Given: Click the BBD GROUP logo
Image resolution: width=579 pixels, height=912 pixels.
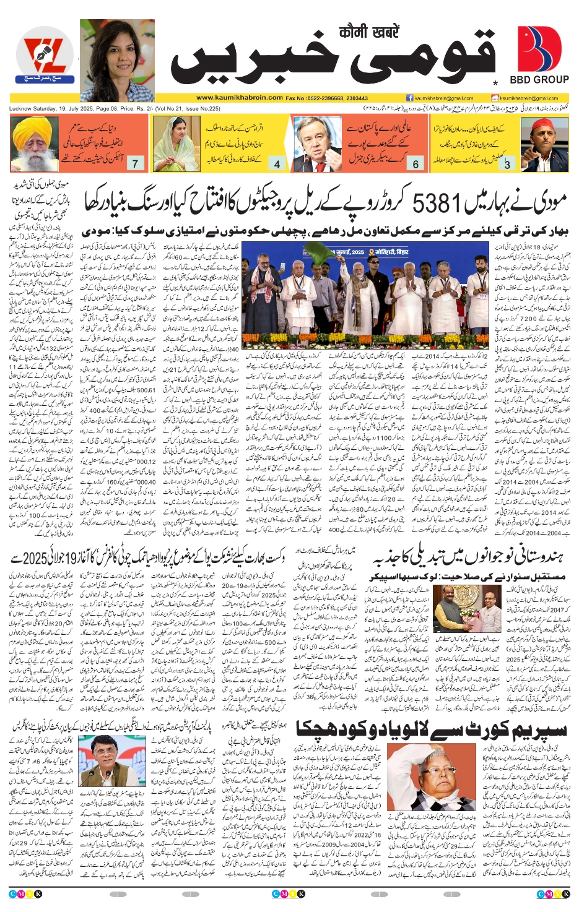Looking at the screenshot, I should [x=539, y=55].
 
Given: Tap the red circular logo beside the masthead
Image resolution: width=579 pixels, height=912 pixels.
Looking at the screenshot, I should [x=45, y=59].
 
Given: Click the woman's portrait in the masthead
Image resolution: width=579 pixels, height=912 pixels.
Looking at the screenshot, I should [x=117, y=60].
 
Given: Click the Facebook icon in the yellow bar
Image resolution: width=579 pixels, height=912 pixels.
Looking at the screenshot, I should [x=409, y=98].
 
